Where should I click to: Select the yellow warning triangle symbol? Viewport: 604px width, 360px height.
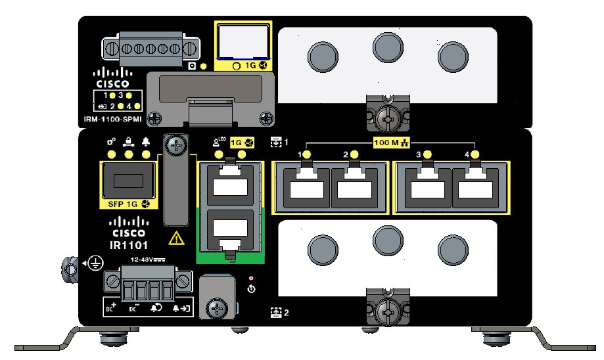click(x=176, y=238)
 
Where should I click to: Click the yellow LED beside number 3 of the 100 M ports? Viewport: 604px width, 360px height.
click(x=428, y=155)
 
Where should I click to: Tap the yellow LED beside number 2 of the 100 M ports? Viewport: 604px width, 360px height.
click(x=354, y=155)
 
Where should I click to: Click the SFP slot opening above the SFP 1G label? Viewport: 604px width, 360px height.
click(x=128, y=179)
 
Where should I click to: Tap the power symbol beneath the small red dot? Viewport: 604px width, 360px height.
click(x=251, y=289)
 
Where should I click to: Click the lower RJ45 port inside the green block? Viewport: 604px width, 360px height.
click(x=230, y=232)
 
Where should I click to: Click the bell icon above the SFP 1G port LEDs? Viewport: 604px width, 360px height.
click(x=146, y=141)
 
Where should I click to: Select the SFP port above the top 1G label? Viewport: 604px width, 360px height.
click(x=243, y=43)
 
